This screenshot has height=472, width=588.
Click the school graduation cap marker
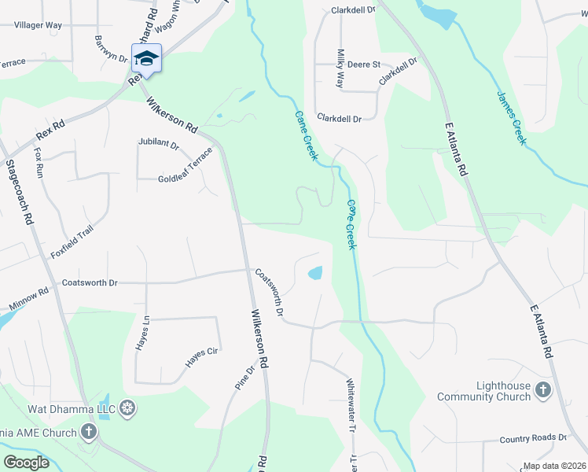[146, 58]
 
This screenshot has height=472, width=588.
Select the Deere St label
[364, 65]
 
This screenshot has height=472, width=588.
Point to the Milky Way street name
[341, 68]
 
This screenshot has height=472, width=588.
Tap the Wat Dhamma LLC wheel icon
[127, 408]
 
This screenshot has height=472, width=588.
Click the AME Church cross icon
[90, 432]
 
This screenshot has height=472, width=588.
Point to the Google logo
[26, 463]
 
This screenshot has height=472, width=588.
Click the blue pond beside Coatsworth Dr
[314, 274]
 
